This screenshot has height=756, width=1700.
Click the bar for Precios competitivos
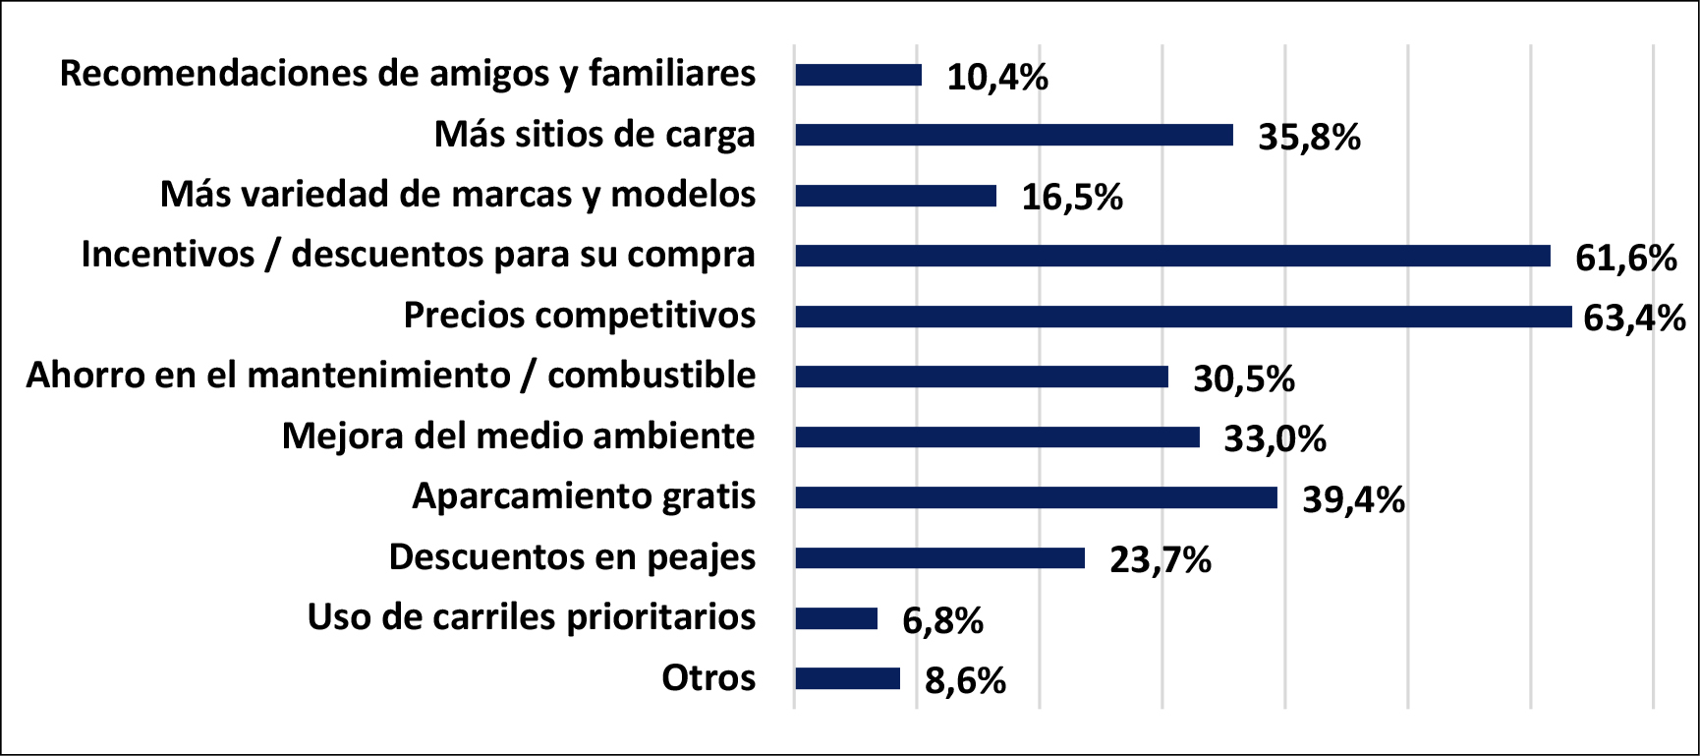pyautogui.click(x=1183, y=317)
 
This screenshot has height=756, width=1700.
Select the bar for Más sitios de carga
pyautogui.click(x=1014, y=135)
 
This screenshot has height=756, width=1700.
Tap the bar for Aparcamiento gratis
pyautogui.click(x=1036, y=497)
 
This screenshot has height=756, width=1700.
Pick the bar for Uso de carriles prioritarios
pyautogui.click(x=836, y=618)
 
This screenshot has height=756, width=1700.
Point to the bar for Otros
pyautogui.click(x=847, y=678)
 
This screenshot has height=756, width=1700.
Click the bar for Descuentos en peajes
pyautogui.click(x=939, y=558)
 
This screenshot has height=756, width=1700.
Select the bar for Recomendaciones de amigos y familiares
pyautogui.click(x=859, y=75)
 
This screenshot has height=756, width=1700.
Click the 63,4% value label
pyautogui.click(x=1634, y=319)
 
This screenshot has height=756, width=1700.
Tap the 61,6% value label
pyautogui.click(x=1625, y=259)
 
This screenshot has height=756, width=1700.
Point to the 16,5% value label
pyautogui.click(x=1072, y=198)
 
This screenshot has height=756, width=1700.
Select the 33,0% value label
pyautogui.click(x=1275, y=439)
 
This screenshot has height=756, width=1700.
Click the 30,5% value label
pyautogui.click(x=1244, y=379)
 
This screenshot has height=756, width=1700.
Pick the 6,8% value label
pyautogui.click(x=942, y=621)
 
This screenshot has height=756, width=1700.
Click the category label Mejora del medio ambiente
pyautogui.click(x=518, y=436)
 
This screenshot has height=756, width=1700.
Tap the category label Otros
pyautogui.click(x=708, y=677)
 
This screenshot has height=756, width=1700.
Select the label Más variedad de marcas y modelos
pyautogui.click(x=458, y=195)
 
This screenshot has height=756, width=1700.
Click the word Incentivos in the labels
pyautogui.click(x=167, y=255)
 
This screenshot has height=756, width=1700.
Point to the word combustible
pyautogui.click(x=652, y=376)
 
